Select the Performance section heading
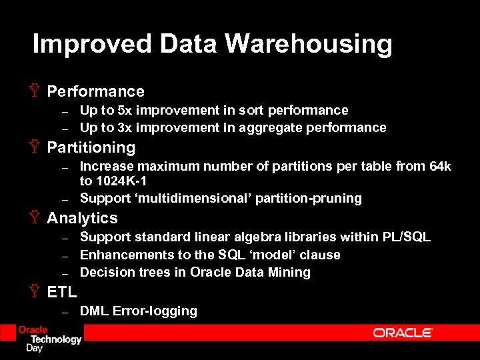click(95, 91)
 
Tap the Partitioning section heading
click(91, 147)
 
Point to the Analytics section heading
click(82, 218)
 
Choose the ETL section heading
click(62, 291)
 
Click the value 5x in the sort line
click(125, 110)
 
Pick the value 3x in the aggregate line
click(125, 127)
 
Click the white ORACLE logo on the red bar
click(403, 333)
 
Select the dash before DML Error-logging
click(65, 312)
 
